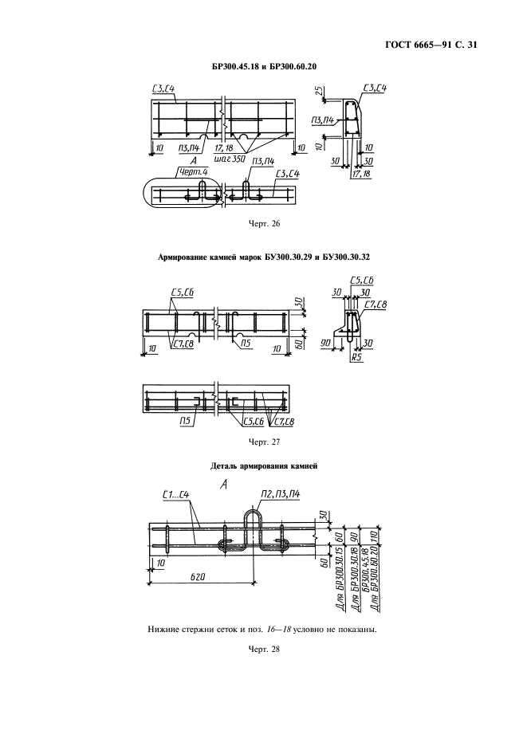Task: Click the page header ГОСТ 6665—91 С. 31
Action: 431,45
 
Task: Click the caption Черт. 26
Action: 264,224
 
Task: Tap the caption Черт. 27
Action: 264,442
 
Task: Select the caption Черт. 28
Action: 264,650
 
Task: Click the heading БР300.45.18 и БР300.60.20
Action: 264,67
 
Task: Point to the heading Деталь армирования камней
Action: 264,466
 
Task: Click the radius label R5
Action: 355,356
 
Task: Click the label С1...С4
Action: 176,495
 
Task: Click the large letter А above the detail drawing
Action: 224,485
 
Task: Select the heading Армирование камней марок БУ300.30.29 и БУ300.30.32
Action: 264,257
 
